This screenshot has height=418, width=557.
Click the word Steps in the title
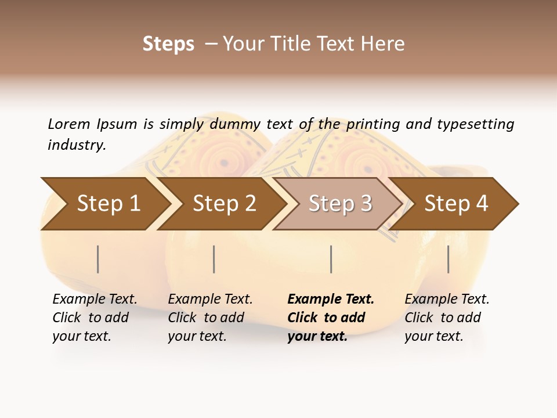tap(168, 44)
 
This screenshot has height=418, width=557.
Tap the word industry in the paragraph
tap(76, 145)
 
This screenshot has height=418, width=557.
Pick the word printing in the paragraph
tap(372, 124)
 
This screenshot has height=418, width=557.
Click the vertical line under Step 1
tap(98, 259)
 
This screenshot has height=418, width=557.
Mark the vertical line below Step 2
tap(214, 259)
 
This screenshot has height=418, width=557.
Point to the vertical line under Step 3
tap(331, 259)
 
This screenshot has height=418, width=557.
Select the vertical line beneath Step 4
tap(449, 259)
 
